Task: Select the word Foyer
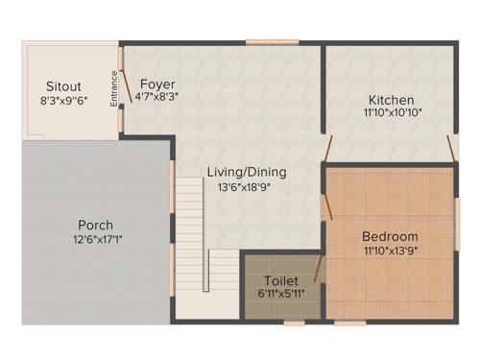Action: [x=156, y=84]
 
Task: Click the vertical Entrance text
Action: [x=114, y=88]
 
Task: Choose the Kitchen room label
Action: [x=392, y=100]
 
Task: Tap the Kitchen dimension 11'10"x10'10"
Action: [x=393, y=112]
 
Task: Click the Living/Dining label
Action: [x=247, y=173]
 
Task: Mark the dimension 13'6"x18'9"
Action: [x=247, y=187]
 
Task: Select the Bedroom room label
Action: [x=390, y=237]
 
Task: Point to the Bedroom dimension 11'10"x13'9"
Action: [x=391, y=251]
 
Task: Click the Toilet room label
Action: [x=281, y=280]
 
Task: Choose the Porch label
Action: [x=96, y=226]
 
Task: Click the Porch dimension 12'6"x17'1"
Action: [x=97, y=239]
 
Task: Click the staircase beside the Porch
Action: [x=191, y=230]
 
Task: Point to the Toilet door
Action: [x=320, y=269]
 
